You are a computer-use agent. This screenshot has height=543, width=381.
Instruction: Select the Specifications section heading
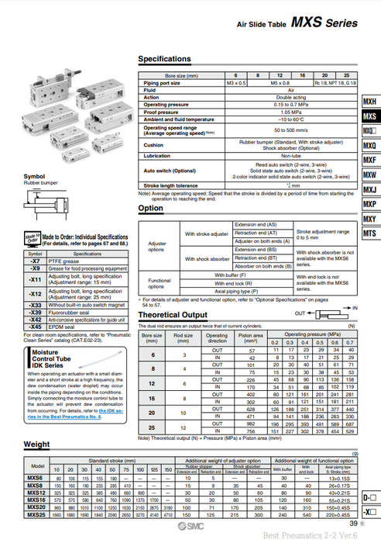point(164,59)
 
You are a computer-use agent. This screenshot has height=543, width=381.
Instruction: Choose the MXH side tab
point(369,102)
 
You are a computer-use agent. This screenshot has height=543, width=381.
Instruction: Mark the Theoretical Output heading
point(173,315)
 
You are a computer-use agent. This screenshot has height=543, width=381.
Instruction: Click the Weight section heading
point(37,444)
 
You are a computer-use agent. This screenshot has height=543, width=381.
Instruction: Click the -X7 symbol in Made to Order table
point(35,262)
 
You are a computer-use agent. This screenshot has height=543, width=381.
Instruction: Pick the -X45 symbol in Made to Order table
point(35,327)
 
